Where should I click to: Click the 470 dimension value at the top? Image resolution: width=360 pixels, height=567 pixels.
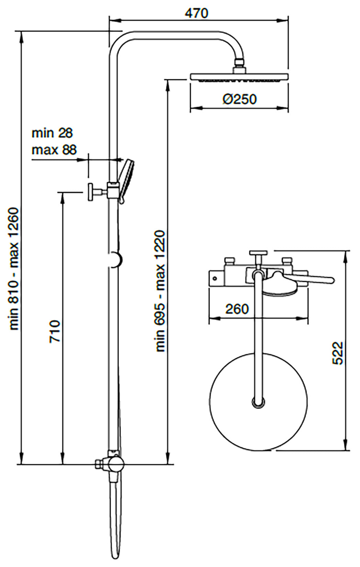[x=196, y=13]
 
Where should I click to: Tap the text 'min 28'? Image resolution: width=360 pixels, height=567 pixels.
[x=52, y=133]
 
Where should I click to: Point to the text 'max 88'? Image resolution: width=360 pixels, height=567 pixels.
[x=54, y=150]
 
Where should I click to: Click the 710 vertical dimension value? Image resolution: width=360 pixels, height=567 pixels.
[x=55, y=331]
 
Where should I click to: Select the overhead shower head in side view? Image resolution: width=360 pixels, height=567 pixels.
[x=239, y=77]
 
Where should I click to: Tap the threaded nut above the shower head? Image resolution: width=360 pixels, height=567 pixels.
[x=239, y=64]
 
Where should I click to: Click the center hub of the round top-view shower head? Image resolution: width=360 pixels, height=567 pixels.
[x=259, y=402]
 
